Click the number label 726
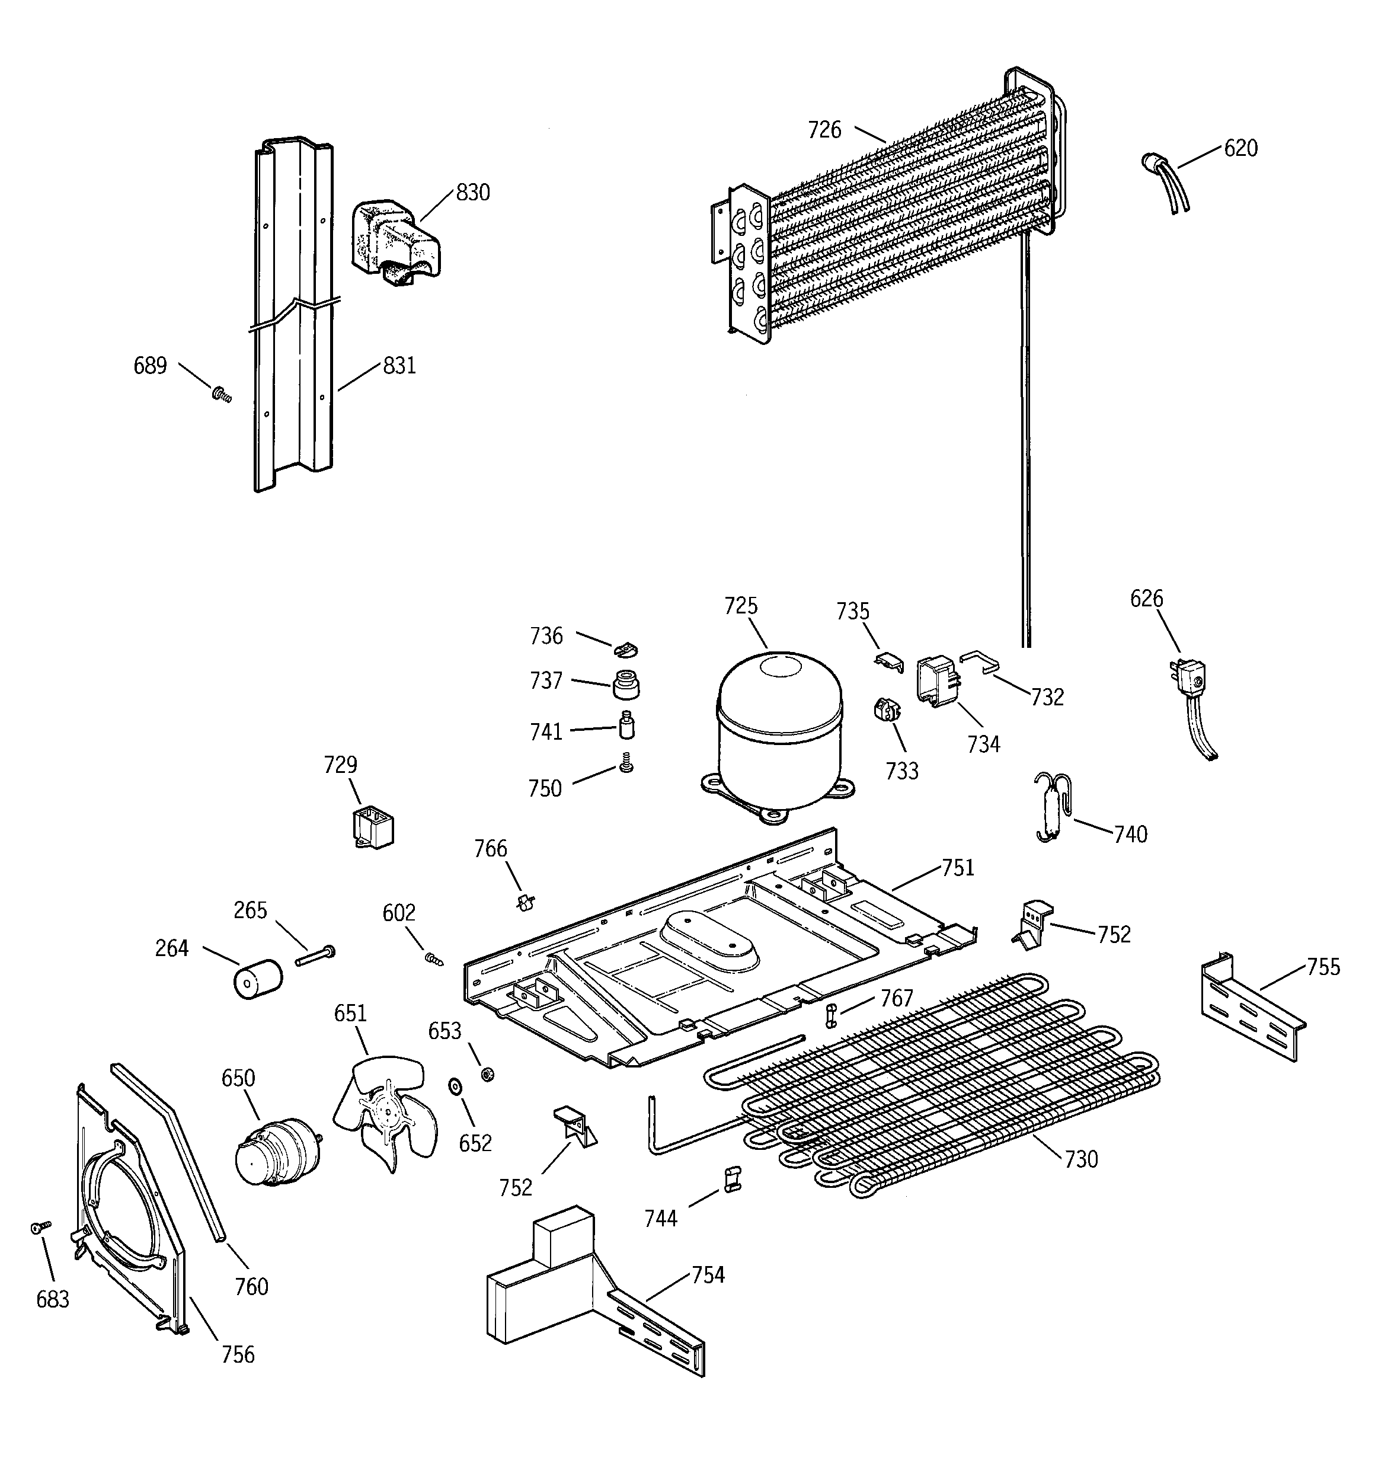824,130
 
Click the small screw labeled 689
220,397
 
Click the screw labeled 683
40,1226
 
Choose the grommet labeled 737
626,684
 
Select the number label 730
1081,1159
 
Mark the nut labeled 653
487,1073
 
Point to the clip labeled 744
731,1179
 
